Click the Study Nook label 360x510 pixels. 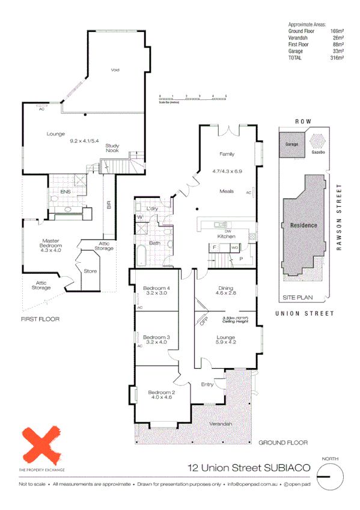[x=112, y=148]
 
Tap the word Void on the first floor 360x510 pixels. [x=115, y=70]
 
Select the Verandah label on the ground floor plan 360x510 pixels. [x=221, y=424]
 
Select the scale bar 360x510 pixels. [x=192, y=98]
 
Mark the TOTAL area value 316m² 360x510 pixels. [x=337, y=58]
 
